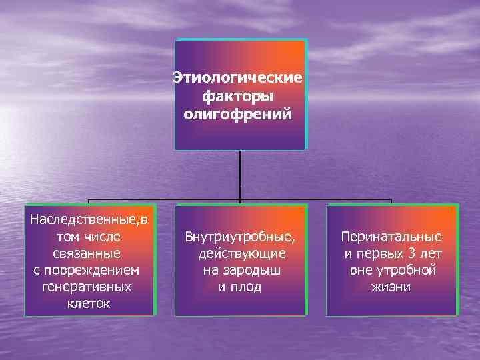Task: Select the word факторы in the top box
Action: [x=238, y=97]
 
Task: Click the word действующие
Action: [x=242, y=253]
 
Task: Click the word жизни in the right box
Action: [x=391, y=287]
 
